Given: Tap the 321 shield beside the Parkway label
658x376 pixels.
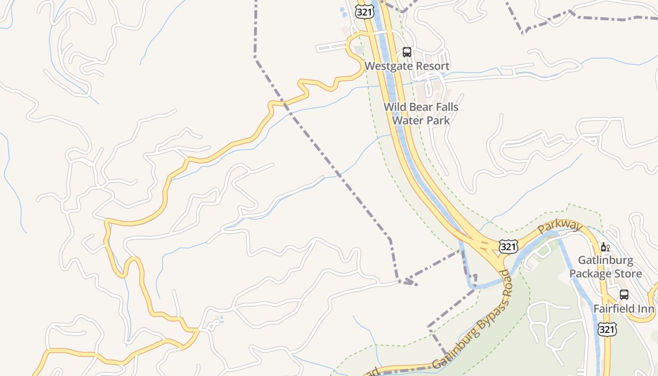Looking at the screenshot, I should [x=509, y=246].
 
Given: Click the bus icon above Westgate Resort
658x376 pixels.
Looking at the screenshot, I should [x=407, y=52].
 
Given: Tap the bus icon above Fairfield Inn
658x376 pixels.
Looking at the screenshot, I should [x=624, y=295].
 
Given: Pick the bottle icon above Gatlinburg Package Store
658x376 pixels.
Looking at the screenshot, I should [x=605, y=247].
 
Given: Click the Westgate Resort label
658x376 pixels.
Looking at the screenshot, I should [x=407, y=66].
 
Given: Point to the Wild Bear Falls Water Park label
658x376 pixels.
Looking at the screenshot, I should [x=421, y=114].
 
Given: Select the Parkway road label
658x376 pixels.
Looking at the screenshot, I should [x=560, y=226].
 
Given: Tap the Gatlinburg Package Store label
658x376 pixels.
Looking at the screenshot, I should [x=605, y=267].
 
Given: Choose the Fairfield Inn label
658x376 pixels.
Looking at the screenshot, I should [x=624, y=309].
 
